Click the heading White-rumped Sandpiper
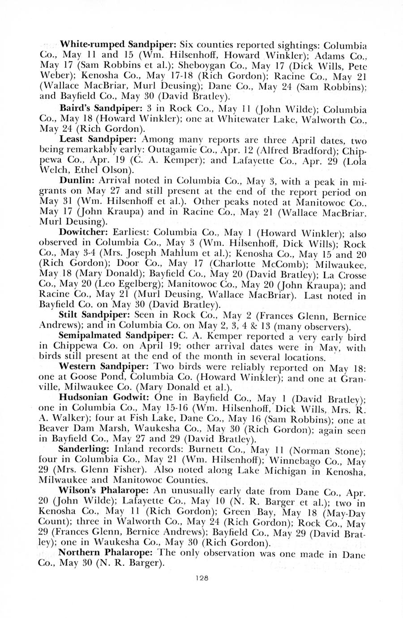118,45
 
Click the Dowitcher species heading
85,233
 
